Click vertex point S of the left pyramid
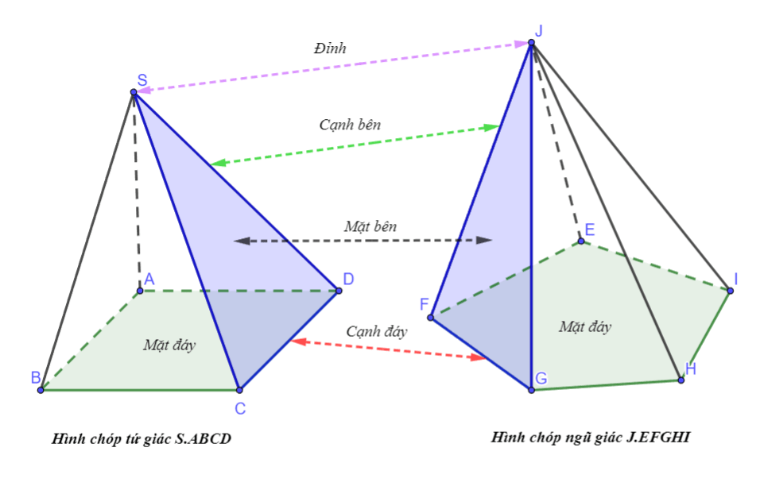[134, 93]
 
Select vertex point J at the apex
[531, 43]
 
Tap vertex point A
[140, 291]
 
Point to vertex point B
[41, 390]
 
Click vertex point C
[239, 390]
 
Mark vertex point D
[338, 291]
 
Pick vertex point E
[581, 241]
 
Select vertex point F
[430, 318]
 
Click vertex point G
[531, 389]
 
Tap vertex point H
[681, 380]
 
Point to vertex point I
[730, 291]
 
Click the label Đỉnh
[330, 48]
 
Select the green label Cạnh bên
[350, 125]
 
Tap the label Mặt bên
[370, 226]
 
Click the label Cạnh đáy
[376, 332]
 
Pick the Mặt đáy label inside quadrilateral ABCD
[169, 345]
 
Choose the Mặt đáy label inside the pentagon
[584, 326]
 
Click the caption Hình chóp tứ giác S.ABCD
[142, 438]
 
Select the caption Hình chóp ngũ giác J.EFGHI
[589, 436]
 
